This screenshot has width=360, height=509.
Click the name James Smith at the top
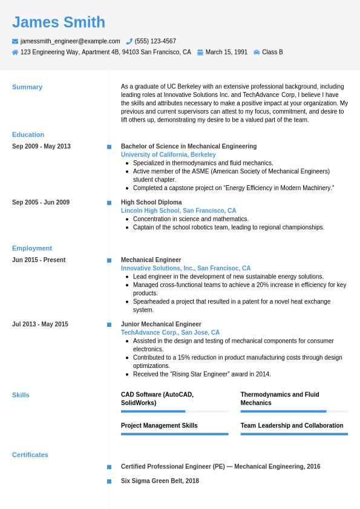coord(59,22)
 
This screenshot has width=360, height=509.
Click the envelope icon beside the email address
coord(15,41)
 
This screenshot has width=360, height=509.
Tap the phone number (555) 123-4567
coord(155,41)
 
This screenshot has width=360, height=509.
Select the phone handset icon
coord(129,41)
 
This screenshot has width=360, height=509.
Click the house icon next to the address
coord(15,52)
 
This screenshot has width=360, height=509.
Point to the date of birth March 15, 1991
coord(226,52)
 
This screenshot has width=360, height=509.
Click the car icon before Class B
coord(257,52)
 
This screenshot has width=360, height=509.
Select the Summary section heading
coord(27,87)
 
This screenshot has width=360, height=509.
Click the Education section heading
coord(28,134)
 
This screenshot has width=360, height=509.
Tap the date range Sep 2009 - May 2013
coord(41,146)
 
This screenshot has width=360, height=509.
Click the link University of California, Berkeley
coord(168,155)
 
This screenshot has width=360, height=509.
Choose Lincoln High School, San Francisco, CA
coord(178,211)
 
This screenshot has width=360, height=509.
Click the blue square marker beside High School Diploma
coord(109,203)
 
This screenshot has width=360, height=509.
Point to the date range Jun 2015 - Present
coord(39,260)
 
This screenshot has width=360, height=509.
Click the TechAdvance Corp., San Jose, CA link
coord(170,332)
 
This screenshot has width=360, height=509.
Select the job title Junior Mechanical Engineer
coord(161,324)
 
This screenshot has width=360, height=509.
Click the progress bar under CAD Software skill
coord(174,412)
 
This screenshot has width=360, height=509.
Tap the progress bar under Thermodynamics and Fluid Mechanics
coord(294,412)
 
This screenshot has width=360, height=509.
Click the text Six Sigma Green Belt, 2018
coord(160,481)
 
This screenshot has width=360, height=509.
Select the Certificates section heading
coord(30,455)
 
